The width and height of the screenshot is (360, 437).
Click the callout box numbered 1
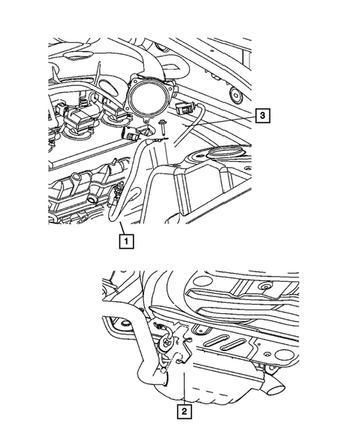click(128, 240)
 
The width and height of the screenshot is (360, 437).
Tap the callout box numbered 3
click(261, 115)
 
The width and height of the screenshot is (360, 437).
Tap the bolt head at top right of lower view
click(264, 286)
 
